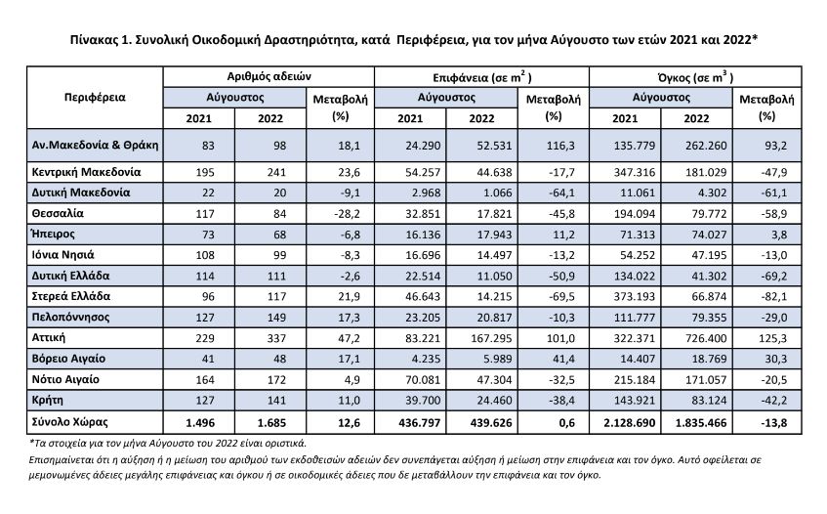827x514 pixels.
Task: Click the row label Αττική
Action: tap(49, 338)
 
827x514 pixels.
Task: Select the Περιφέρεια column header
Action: tap(95, 97)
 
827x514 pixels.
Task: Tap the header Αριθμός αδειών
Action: tap(269, 76)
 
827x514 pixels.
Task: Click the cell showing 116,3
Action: tap(560, 146)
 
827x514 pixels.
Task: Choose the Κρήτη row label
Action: tap(48, 401)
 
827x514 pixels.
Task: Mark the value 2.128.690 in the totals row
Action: tap(629, 423)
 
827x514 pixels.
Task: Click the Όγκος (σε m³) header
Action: tap(695, 77)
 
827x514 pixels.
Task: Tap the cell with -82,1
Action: tap(773, 297)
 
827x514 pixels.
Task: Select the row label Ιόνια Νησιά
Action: tap(62, 255)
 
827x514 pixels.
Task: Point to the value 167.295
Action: tap(491, 338)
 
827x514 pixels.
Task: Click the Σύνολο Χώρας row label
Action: tap(69, 422)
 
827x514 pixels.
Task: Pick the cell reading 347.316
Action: tap(635, 172)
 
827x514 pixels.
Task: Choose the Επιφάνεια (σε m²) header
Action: tap(481, 77)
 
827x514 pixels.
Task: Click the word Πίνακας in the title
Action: tap(94, 40)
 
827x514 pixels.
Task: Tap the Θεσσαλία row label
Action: tap(58, 213)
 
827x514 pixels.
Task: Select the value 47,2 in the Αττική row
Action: tap(350, 338)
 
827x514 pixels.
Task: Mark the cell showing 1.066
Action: tap(497, 193)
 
